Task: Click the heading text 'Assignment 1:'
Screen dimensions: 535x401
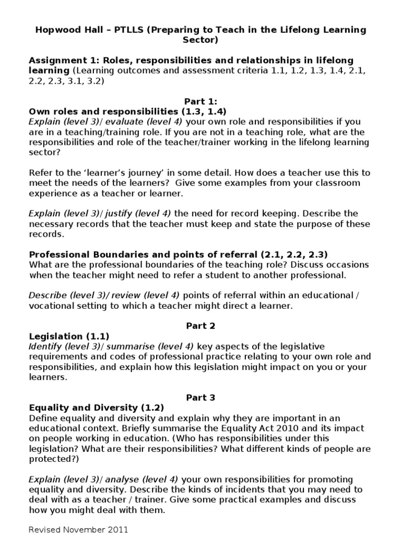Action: (x=61, y=61)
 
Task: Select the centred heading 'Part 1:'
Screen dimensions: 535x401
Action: (x=200, y=101)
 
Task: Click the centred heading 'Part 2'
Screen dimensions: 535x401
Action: (x=200, y=325)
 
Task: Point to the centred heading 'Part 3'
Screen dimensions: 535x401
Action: (x=200, y=397)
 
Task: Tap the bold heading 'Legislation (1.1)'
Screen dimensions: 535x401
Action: (x=69, y=336)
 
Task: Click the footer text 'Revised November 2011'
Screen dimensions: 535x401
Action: (x=78, y=529)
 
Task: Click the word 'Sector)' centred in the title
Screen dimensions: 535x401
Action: (x=200, y=40)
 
